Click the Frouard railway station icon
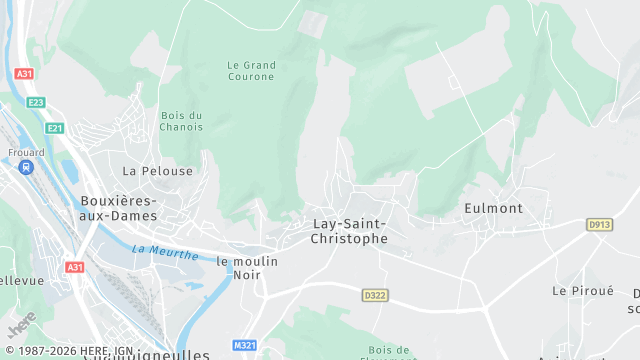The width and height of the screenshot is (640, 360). tap(27, 167)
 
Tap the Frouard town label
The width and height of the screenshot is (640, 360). tap(27, 153)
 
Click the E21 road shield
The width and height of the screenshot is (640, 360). tap(54, 128)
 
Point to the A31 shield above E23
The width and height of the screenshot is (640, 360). tap(25, 74)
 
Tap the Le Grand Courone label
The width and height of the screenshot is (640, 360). tap(250, 70)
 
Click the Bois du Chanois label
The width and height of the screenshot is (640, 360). tap(181, 121)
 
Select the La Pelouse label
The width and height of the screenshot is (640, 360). tap(157, 171)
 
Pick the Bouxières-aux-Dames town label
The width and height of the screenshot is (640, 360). tap(118, 208)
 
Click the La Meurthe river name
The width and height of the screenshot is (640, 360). tap(164, 251)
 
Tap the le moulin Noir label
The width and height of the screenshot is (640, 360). tap(247, 268)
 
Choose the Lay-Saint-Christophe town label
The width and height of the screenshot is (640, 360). tap(348, 231)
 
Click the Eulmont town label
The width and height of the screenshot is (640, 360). tap(493, 208)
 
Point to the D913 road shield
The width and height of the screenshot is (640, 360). tap(599, 225)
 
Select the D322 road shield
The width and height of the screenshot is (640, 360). tap(375, 295)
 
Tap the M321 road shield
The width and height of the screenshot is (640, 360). tap(244, 345)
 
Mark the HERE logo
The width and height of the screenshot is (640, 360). tap(21, 327)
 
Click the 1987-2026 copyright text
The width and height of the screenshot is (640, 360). tap(50, 351)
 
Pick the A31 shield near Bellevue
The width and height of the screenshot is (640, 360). tap(75, 267)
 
